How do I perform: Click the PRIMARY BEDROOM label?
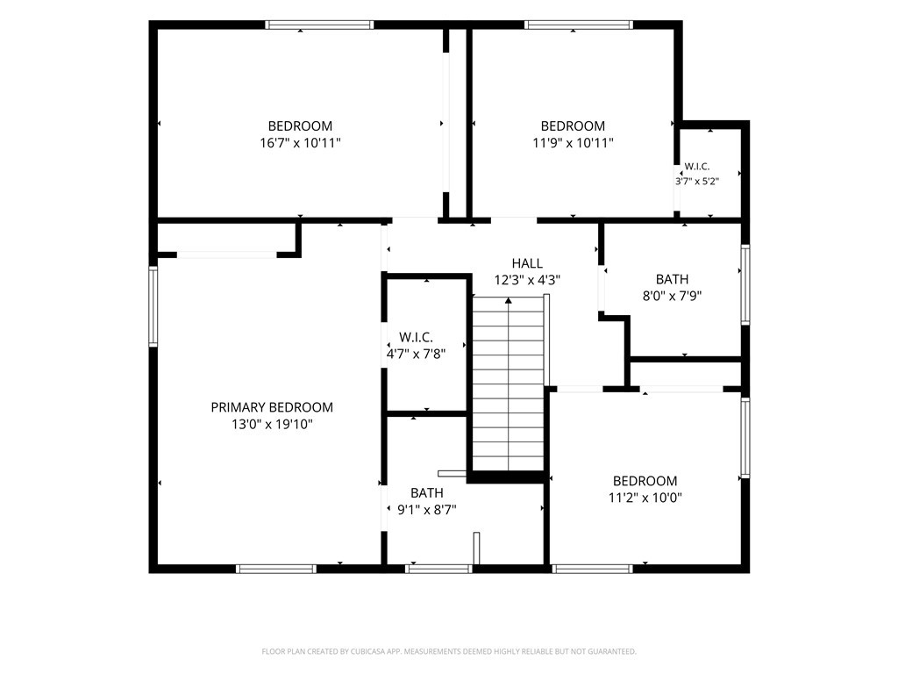click(272, 407)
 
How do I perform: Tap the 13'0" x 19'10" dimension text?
click(272, 425)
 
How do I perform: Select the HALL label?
click(527, 263)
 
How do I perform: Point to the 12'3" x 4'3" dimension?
click(527, 280)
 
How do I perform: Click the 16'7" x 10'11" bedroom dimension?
click(300, 143)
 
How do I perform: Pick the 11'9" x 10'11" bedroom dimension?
click(573, 143)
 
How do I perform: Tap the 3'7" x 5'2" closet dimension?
click(697, 182)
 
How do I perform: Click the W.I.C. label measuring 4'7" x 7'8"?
click(416, 338)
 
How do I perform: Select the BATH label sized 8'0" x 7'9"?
click(672, 280)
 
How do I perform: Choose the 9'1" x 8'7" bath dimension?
click(427, 510)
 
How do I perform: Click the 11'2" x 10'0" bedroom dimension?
click(645, 498)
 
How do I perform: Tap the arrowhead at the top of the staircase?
click(509, 300)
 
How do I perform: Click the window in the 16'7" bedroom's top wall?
click(319, 25)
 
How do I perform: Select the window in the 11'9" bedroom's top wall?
click(579, 25)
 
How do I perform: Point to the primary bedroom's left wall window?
click(153, 306)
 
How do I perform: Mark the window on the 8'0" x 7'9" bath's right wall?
click(745, 285)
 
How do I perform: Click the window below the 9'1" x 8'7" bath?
click(438, 569)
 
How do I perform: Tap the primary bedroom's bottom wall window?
click(276, 569)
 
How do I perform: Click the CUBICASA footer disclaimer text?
click(449, 652)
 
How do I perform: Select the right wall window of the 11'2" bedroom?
click(745, 438)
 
